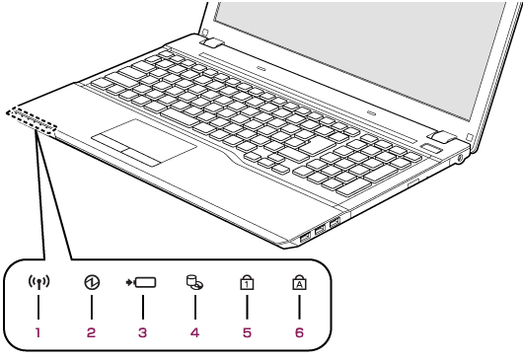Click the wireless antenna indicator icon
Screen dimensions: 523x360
[38, 282]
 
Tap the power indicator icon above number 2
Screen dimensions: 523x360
[92, 282]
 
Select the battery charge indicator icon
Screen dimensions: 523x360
[141, 282]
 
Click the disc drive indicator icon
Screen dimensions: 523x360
[194, 282]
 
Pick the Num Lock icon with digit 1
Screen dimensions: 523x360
[247, 282]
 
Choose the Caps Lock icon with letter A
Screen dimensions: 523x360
[299, 282]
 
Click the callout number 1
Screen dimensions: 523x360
[38, 332]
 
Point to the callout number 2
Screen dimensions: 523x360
[91, 332]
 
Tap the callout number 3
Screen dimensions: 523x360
[142, 332]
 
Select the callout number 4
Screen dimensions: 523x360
[194, 332]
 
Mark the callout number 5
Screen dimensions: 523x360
[247, 332]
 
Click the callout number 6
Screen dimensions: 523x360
[299, 332]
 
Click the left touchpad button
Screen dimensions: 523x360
[112, 143]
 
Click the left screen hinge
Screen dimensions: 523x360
[212, 42]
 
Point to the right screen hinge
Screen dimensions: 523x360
[443, 137]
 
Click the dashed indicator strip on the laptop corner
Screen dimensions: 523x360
[32, 121]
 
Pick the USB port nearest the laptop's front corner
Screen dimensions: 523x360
[305, 238]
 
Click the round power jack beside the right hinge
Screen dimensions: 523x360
[461, 159]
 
